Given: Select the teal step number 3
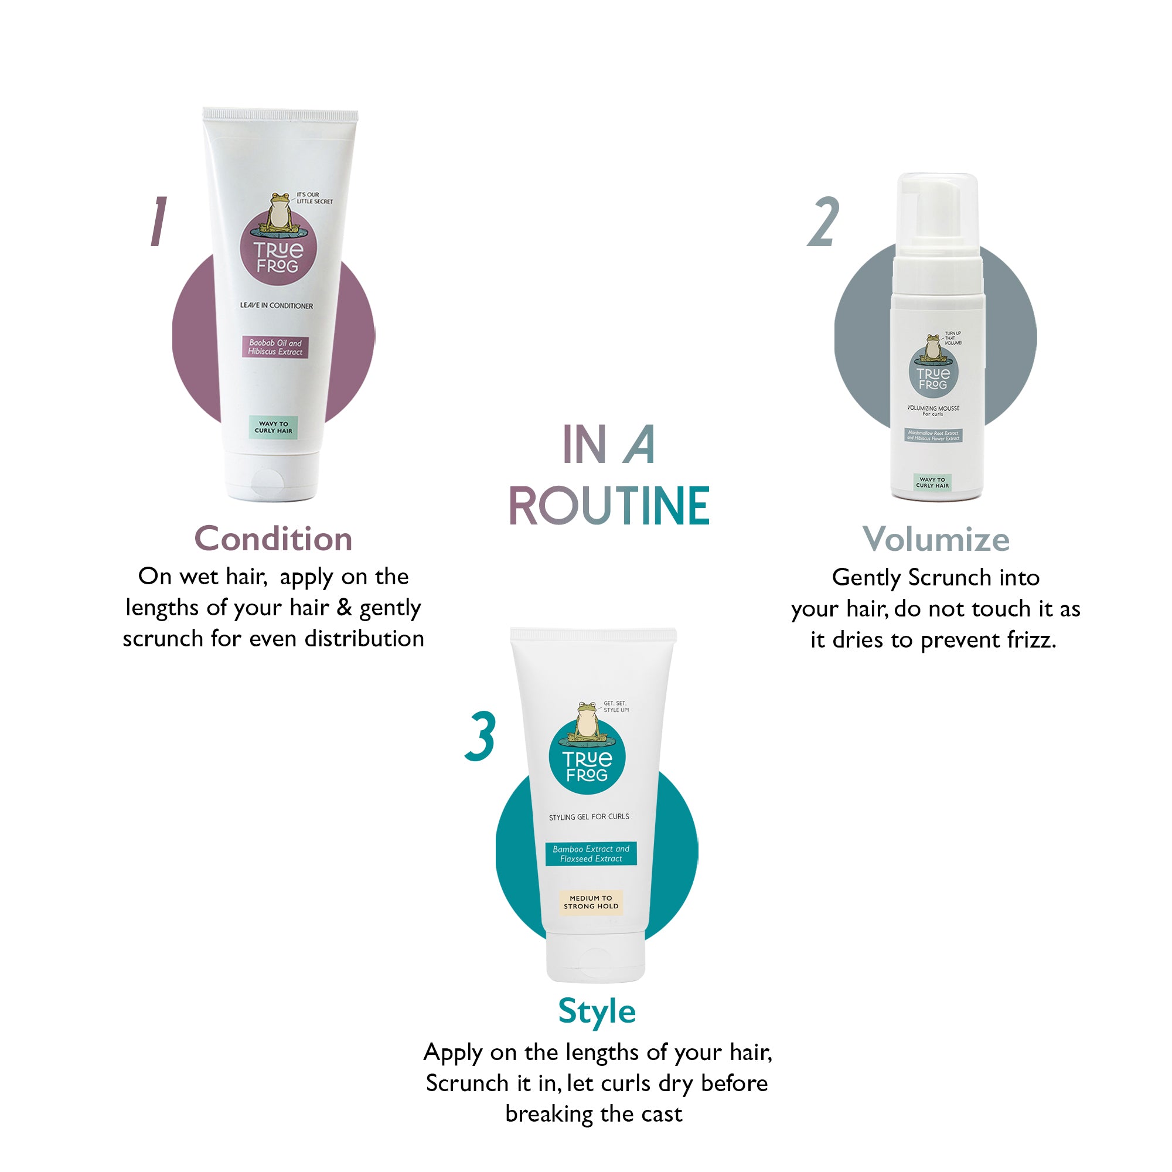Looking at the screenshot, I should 481,737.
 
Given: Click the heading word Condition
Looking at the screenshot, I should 273,539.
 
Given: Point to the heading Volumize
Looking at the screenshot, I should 935,539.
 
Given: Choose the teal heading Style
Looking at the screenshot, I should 597,1011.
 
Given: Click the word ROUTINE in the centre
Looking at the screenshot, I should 609,506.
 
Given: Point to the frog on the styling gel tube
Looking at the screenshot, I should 587,722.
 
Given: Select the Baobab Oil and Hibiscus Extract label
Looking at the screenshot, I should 275,347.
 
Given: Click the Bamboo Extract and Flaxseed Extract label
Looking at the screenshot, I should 591,854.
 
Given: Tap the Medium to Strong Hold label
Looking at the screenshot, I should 591,902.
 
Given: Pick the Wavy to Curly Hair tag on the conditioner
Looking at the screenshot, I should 273,427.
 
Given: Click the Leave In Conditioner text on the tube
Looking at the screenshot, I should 277,306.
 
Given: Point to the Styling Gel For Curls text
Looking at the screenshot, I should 589,816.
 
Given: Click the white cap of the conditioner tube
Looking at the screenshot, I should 273,476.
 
